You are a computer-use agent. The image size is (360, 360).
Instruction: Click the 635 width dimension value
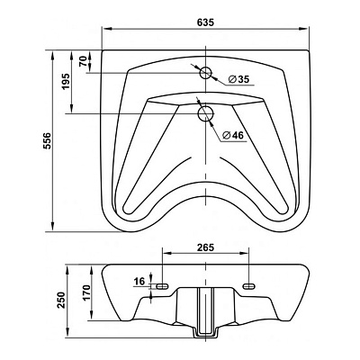coord(205,22)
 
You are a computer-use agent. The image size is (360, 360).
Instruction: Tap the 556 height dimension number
coord(49,140)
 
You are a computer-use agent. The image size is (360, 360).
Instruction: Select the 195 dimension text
coord(66,81)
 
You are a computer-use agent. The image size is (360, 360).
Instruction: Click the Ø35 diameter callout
coord(238,79)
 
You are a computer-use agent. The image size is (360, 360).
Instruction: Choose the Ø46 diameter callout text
coord(233,136)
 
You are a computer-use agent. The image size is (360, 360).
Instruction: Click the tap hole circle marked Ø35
coord(206,73)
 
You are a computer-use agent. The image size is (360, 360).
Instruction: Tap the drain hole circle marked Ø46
coord(206,113)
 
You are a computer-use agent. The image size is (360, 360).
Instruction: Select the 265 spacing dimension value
coord(205,247)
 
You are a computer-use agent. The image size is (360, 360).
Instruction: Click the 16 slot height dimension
coord(139,282)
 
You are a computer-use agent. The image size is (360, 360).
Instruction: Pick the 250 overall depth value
coord(61,300)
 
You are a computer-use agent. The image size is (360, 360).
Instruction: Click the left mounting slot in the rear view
coord(162,286)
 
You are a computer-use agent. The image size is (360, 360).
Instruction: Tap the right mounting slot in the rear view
coord(249,286)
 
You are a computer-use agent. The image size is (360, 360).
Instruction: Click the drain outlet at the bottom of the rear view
coord(206,333)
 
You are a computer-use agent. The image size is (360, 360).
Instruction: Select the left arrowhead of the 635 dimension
coord(107,29)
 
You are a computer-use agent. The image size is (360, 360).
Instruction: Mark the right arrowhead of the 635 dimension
coord(303,29)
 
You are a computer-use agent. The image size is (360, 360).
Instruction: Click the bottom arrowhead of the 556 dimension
coord(53,227)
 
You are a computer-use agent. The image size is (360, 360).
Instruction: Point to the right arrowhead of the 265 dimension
coord(244,254)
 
